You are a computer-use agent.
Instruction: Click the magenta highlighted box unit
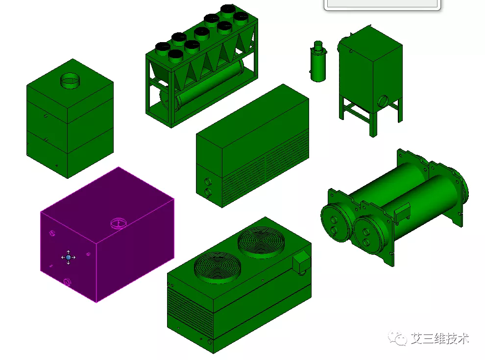(107, 235)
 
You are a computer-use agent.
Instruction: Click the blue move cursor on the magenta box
(69, 257)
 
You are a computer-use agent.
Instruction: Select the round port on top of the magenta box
(119, 223)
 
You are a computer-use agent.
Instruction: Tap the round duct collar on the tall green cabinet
(70, 80)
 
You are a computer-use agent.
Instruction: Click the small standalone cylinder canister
(318, 62)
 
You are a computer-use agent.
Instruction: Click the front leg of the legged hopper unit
(373, 124)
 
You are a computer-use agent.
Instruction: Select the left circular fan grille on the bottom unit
(218, 266)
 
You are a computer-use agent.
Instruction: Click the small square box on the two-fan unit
(302, 262)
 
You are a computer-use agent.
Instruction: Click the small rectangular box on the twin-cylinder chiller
(402, 213)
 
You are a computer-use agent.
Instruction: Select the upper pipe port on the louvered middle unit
(208, 181)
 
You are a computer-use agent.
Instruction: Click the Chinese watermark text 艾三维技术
(440, 338)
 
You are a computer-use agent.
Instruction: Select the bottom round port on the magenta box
(67, 282)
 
